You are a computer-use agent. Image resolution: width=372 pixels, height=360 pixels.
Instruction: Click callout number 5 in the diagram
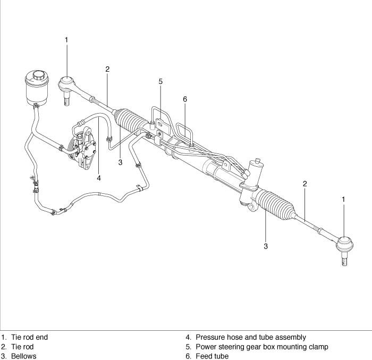tap(160, 82)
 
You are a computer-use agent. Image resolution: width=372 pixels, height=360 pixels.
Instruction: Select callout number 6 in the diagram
tap(185, 99)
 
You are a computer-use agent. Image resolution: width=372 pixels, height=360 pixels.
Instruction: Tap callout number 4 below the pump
tap(99, 178)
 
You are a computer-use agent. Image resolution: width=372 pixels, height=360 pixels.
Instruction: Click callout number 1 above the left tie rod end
tap(66, 39)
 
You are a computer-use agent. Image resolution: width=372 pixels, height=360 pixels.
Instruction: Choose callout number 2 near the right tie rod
tap(305, 184)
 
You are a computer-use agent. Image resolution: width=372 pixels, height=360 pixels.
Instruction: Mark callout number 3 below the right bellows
tap(266, 246)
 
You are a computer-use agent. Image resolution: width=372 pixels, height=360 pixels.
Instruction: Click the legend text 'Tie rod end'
tap(30, 337)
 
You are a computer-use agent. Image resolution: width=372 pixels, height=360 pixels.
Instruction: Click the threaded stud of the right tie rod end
tap(345, 260)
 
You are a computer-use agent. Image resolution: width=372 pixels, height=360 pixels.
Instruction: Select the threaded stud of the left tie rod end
tap(66, 99)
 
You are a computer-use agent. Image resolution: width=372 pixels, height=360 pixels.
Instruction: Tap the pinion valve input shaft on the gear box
tap(257, 162)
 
